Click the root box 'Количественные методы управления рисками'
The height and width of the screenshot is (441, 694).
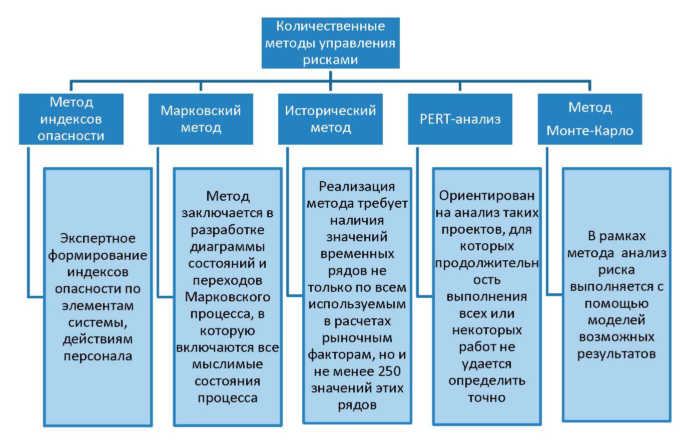click(x=330, y=43)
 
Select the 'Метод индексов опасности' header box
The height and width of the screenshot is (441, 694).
click(x=71, y=119)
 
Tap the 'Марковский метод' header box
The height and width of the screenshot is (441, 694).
click(x=201, y=119)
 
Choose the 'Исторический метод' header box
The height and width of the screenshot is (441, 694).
click(x=330, y=119)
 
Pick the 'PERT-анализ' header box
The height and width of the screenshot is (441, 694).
click(x=460, y=119)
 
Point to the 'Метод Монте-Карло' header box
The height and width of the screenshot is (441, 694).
click(x=590, y=119)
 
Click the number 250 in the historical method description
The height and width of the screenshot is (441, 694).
click(x=383, y=371)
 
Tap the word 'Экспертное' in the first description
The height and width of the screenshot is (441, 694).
click(x=98, y=238)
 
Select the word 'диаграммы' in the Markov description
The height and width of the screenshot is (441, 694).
click(x=228, y=247)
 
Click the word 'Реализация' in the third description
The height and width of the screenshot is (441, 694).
click(x=357, y=187)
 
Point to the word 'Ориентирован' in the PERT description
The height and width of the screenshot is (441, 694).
click(x=487, y=196)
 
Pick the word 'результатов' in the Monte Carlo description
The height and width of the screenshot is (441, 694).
click(x=616, y=354)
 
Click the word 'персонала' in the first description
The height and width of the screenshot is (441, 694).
click(x=98, y=356)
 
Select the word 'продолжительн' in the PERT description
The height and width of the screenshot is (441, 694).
click(x=487, y=263)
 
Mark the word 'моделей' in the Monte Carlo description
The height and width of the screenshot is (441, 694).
click(x=616, y=320)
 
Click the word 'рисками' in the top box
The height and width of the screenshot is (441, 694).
click(x=330, y=60)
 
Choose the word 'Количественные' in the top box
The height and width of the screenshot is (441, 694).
click(x=330, y=26)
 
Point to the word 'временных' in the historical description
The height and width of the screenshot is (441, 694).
click(x=357, y=254)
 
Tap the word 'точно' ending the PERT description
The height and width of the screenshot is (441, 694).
click(x=487, y=398)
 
